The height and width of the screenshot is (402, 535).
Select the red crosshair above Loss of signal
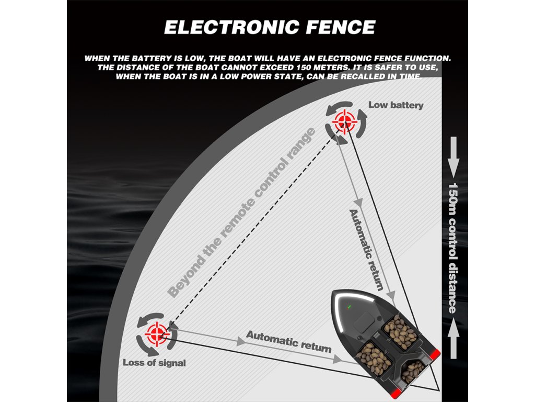(156, 331)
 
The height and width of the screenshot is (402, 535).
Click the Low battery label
(396, 105)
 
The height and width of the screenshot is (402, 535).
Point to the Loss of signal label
(154, 362)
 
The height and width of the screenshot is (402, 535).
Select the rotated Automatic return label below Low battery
(367, 250)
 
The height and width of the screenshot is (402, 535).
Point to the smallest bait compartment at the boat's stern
(413, 371)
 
